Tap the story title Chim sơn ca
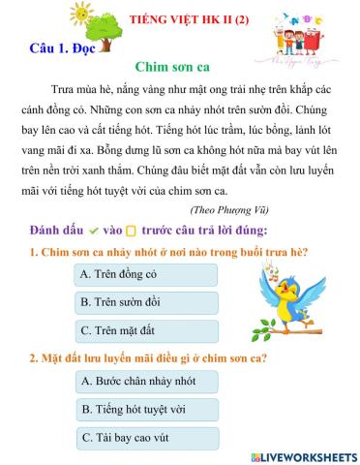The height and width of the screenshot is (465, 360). coord(179,66)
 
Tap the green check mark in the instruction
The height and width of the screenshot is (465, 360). coord(94,231)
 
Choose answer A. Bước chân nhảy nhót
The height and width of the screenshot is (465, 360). coord(144,382)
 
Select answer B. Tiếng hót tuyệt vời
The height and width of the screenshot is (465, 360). coord(144,410)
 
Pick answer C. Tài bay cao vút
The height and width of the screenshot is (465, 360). coord(144,438)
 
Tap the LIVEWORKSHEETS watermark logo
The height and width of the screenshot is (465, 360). coord(302,456)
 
